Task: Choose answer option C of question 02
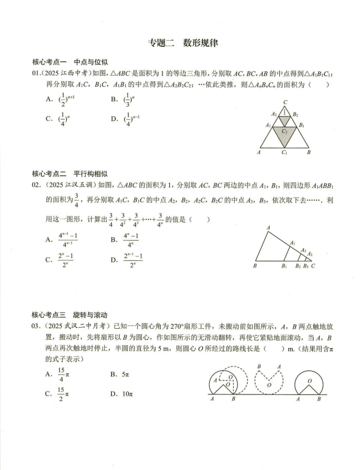62,259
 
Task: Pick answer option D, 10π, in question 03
120,394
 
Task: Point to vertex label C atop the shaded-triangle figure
285,102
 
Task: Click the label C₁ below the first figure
284,152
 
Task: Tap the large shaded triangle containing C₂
284,133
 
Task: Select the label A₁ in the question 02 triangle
293,243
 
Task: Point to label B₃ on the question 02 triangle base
305,266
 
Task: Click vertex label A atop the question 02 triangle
268,227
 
